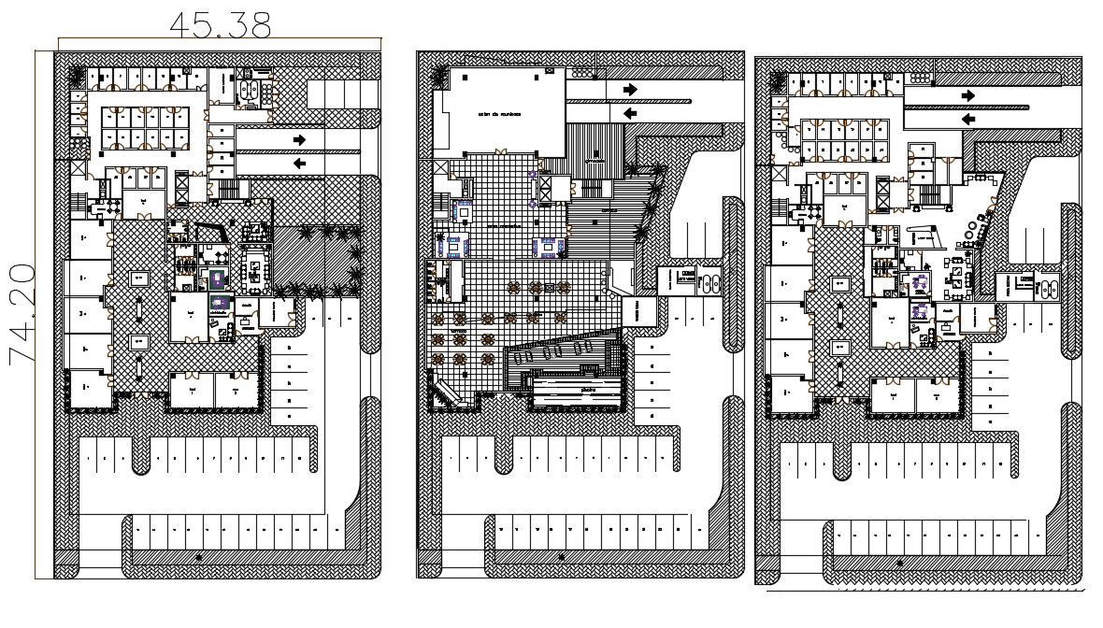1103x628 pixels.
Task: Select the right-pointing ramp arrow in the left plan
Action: [x=299, y=139]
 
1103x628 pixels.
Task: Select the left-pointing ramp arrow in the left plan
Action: [x=299, y=163]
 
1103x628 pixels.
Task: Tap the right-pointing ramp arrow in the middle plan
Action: [x=631, y=89]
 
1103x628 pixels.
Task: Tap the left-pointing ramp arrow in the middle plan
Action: [x=631, y=112]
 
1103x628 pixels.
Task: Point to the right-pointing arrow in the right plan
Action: [x=968, y=95]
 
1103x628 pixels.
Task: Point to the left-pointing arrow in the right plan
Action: [x=968, y=119]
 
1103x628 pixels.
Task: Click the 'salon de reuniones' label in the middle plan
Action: [x=499, y=115]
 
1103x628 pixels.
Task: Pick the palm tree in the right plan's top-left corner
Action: [x=775, y=81]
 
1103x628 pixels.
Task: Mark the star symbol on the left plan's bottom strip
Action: [x=198, y=557]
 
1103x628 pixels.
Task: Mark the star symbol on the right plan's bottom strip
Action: [x=899, y=563]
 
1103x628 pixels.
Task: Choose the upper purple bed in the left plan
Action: [x=217, y=278]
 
